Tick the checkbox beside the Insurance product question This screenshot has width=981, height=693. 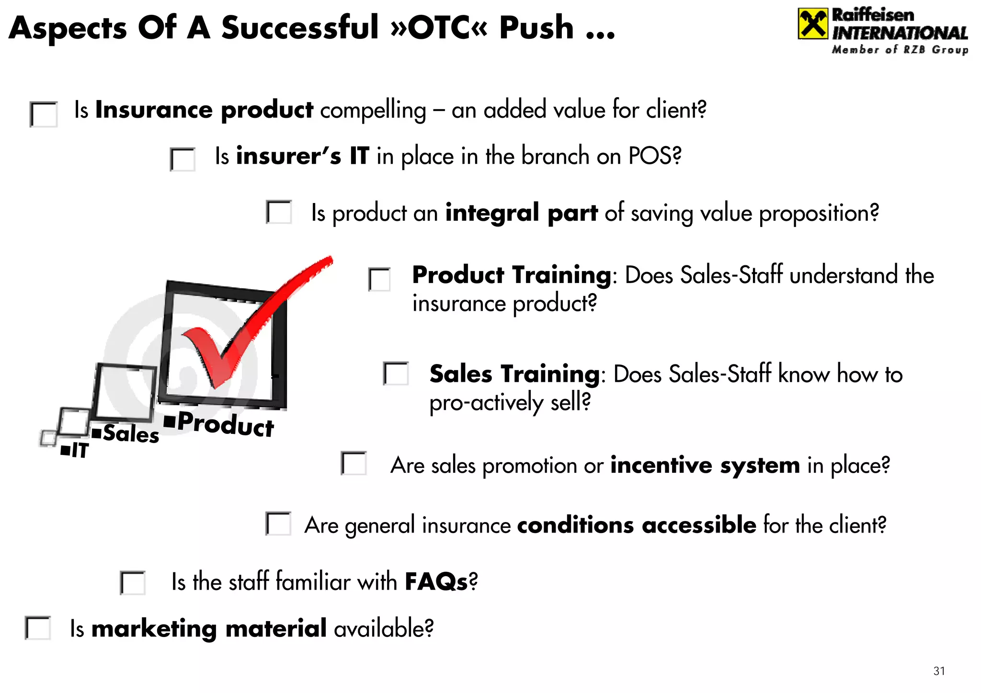click(x=44, y=114)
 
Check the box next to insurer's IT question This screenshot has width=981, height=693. click(x=183, y=159)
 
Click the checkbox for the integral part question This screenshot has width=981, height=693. click(x=279, y=212)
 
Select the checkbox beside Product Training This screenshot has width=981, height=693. click(x=379, y=279)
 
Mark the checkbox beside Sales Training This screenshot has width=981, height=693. click(x=396, y=374)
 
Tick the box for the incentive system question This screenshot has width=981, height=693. click(x=354, y=464)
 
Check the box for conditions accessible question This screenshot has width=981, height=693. click(x=279, y=524)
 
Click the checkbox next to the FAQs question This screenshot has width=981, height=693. click(x=133, y=583)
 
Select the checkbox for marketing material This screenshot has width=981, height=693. click(x=38, y=628)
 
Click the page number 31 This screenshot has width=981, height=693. click(x=939, y=671)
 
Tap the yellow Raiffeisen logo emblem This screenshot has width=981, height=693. click(x=812, y=24)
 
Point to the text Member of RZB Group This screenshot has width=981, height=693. click(x=900, y=50)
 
